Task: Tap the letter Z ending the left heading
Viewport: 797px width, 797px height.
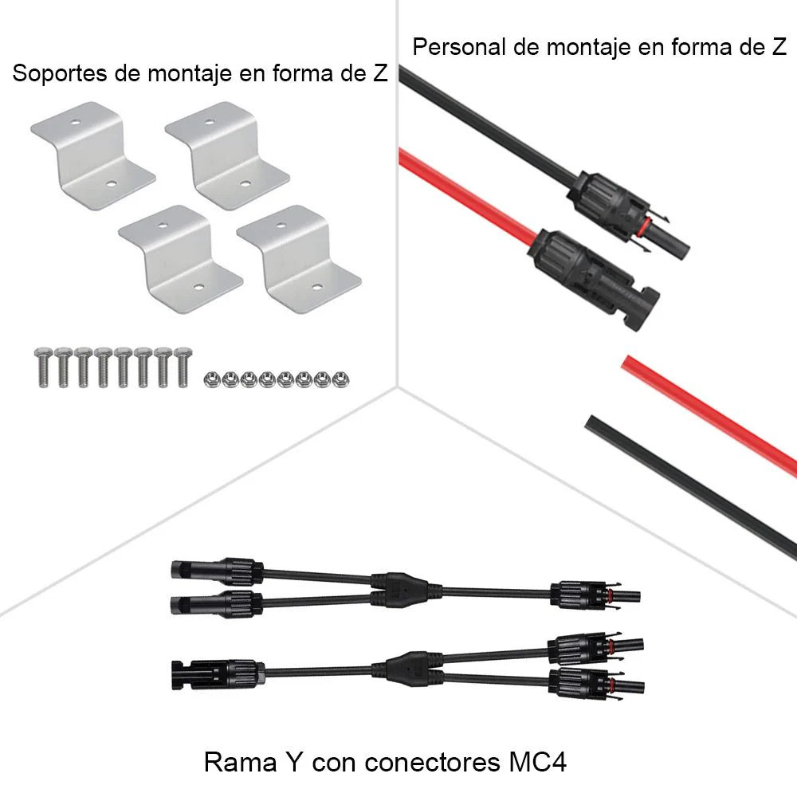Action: [x=380, y=74]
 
